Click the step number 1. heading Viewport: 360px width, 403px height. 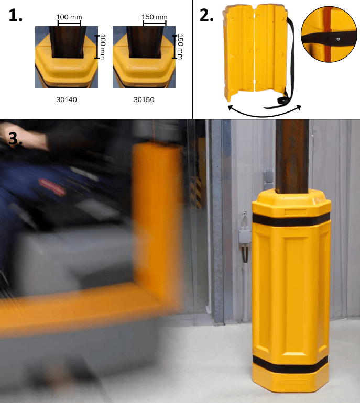[15, 15]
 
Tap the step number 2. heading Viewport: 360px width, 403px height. [206, 15]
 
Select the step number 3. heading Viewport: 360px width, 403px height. [15, 139]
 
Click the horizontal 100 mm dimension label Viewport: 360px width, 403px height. [69, 17]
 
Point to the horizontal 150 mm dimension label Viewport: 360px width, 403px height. [155, 17]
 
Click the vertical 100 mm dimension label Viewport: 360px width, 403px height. [103, 47]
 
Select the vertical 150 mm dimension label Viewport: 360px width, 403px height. [180, 47]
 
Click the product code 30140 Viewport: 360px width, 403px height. [67, 100]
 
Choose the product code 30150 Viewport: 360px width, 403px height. [144, 100]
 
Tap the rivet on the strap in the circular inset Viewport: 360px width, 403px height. [338, 39]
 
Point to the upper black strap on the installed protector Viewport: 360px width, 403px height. [291, 219]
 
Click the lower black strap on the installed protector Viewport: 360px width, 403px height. [290, 364]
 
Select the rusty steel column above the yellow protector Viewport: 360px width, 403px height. [292, 156]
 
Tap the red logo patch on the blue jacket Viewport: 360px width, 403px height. [52, 187]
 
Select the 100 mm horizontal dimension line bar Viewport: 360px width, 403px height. [69, 24]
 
